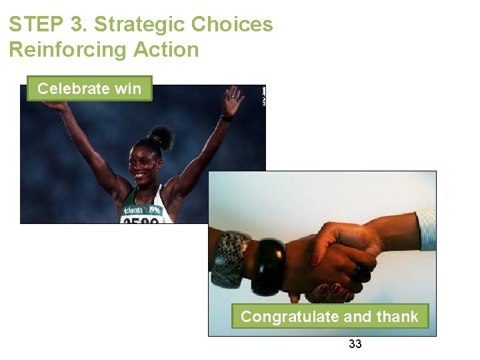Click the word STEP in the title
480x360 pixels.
35,25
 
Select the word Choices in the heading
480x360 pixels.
232,25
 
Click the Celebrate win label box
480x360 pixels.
89,89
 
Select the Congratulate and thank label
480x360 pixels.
329,317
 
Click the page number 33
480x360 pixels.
355,344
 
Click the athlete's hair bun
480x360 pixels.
161,137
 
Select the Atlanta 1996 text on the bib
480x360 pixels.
141,209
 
